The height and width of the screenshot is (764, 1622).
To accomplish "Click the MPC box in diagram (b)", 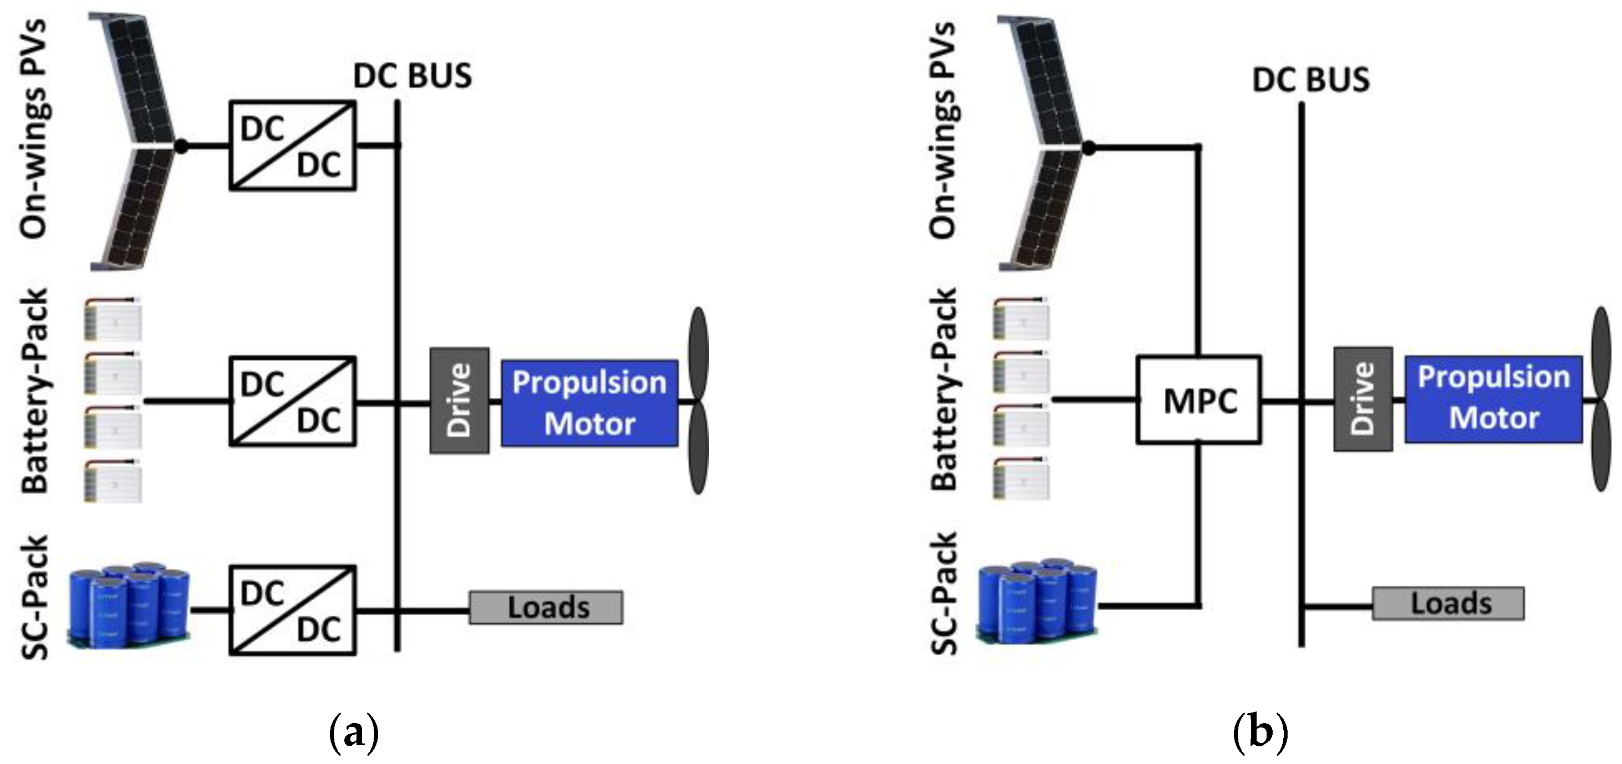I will click(x=1199, y=400).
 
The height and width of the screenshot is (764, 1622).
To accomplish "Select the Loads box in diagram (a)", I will click(x=546, y=607).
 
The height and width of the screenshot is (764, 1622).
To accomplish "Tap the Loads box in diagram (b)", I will click(x=1448, y=604).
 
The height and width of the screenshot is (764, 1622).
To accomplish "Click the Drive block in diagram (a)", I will click(x=459, y=400).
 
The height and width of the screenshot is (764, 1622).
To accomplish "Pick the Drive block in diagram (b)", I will click(x=1362, y=399).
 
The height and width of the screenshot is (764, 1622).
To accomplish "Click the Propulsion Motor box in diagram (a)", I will click(x=590, y=403).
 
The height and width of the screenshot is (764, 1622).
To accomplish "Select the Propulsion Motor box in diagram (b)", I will click(x=1493, y=398).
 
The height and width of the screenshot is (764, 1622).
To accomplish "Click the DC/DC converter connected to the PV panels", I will click(x=292, y=145).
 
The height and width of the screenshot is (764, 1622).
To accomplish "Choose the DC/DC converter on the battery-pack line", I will click(x=292, y=401).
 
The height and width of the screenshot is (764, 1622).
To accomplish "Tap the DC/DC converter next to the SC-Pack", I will click(x=292, y=610).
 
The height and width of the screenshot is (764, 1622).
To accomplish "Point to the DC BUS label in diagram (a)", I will click(x=412, y=76).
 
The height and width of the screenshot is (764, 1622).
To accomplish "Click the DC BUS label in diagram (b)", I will click(x=1311, y=80).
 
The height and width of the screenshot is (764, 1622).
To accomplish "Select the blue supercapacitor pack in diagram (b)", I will click(x=1037, y=602).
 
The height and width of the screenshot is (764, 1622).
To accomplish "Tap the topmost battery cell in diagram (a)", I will click(x=113, y=320).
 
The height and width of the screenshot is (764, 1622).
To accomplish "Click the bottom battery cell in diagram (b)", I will click(x=1021, y=480).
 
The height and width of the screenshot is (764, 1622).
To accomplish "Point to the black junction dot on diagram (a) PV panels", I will click(x=182, y=146).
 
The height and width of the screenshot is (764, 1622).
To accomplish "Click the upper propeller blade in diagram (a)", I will click(x=699, y=352).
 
